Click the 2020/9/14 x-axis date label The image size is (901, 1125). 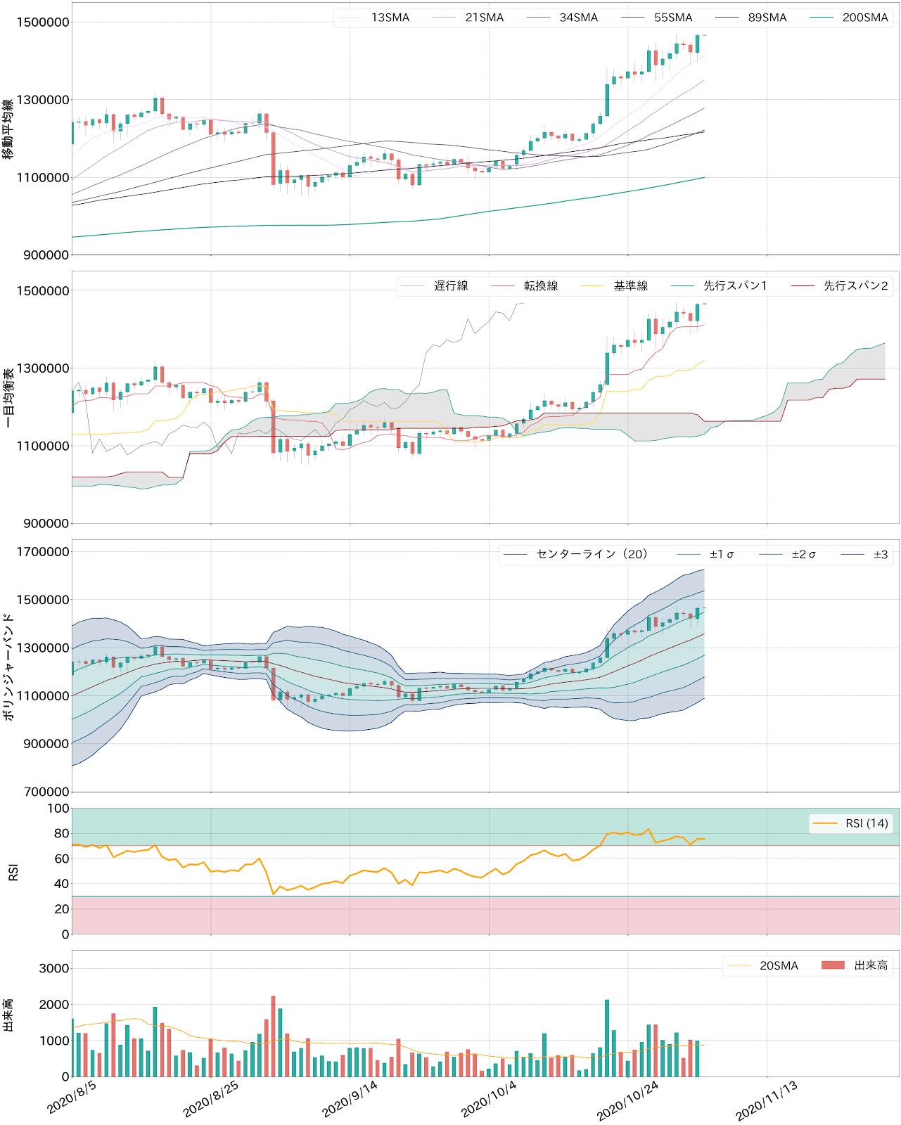click(350, 1098)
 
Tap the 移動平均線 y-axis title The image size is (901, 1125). click(8, 129)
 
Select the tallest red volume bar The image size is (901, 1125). click(273, 1036)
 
